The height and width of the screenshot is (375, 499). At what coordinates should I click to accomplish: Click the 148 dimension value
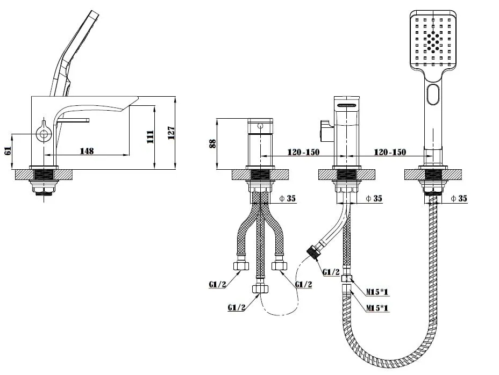tap(87, 150)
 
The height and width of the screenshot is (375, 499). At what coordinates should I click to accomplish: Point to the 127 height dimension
tap(171, 133)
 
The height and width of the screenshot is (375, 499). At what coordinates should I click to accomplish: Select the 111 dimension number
tap(150, 137)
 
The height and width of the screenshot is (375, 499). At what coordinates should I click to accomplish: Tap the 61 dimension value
tap(8, 150)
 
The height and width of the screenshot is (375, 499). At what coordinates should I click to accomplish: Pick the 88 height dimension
tap(213, 143)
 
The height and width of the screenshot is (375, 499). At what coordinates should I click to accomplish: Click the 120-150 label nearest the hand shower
tap(390, 153)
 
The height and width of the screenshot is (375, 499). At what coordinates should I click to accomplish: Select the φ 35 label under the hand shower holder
tap(459, 198)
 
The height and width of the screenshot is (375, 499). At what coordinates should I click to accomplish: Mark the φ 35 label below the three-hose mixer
tap(287, 198)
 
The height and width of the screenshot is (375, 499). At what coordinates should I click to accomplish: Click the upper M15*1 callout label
tap(377, 292)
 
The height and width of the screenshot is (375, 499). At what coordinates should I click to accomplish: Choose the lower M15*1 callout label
tap(377, 307)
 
